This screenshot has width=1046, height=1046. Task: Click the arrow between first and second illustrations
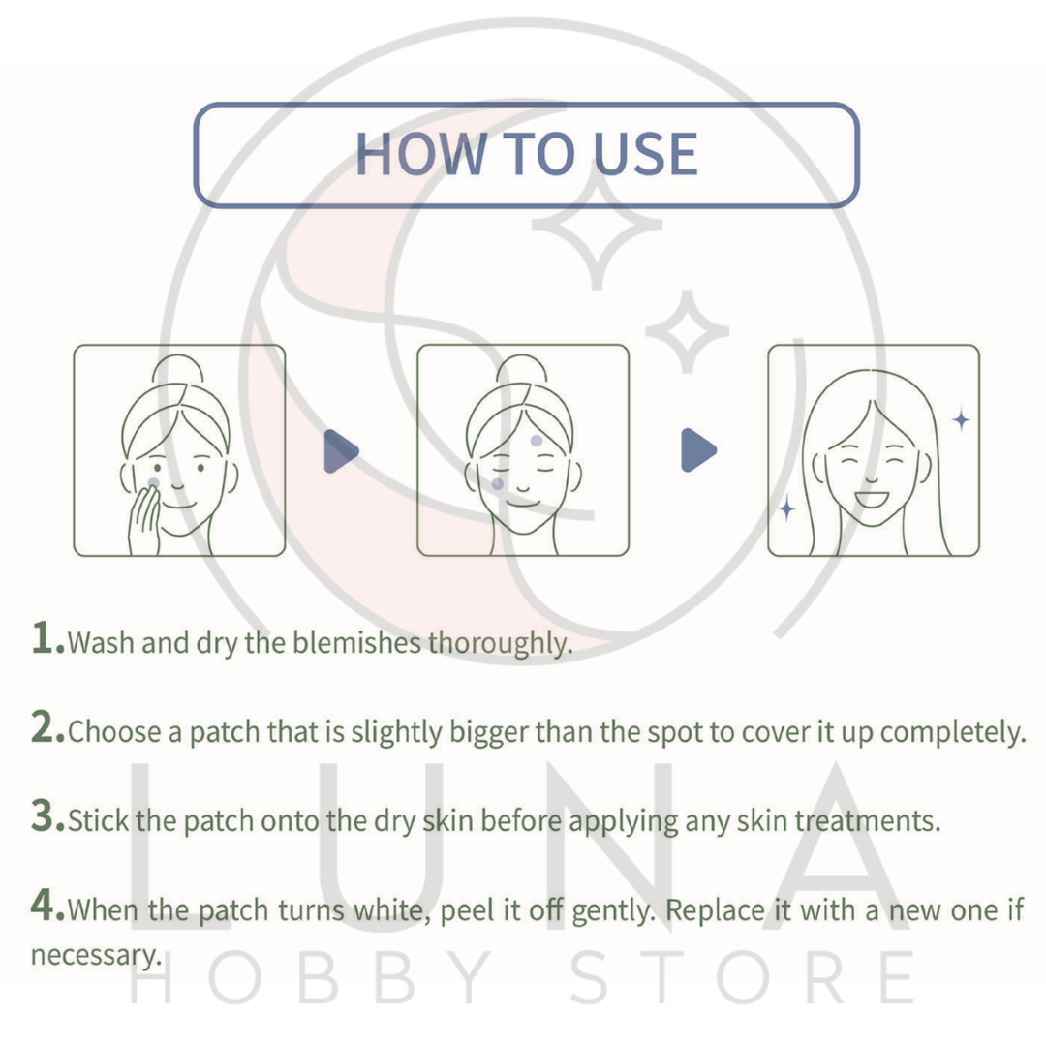coord(341,450)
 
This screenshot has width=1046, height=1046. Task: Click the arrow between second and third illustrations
coord(698,450)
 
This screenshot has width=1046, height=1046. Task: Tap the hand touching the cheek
coord(145,519)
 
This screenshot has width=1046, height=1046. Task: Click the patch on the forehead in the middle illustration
coord(536,441)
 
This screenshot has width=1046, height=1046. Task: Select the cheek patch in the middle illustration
coord(497,482)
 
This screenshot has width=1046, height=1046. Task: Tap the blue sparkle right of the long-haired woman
coord(961,419)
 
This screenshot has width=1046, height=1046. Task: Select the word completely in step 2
coord(953,732)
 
